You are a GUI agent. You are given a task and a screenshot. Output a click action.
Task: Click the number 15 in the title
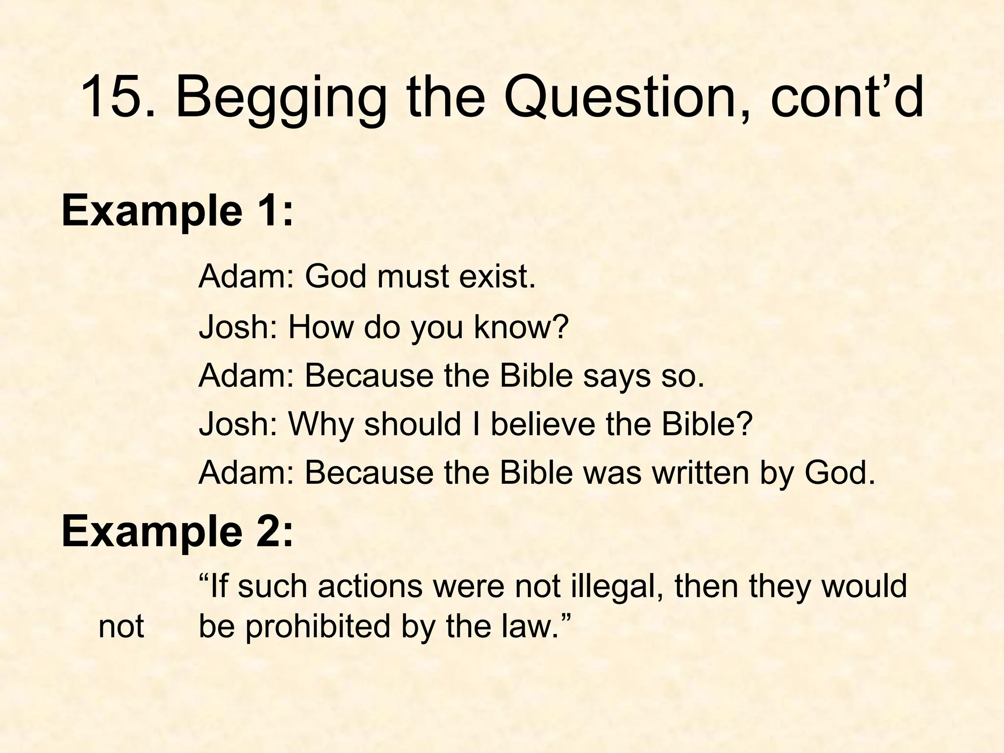(111, 97)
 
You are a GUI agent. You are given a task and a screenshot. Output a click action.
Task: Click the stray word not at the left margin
(121, 627)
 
